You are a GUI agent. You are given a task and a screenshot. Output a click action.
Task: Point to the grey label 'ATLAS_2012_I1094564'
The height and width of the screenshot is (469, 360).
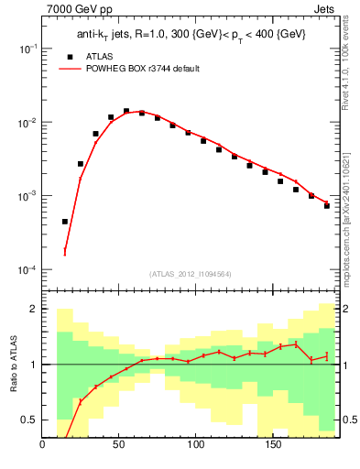coord(191,273)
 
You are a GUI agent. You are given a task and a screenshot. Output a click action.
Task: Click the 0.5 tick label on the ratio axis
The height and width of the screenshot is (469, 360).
coord(29,420)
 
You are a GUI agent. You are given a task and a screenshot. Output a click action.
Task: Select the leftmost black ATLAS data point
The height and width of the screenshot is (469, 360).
coord(65,221)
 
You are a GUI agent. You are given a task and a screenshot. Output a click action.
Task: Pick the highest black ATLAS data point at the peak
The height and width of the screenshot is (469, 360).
coord(126,111)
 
